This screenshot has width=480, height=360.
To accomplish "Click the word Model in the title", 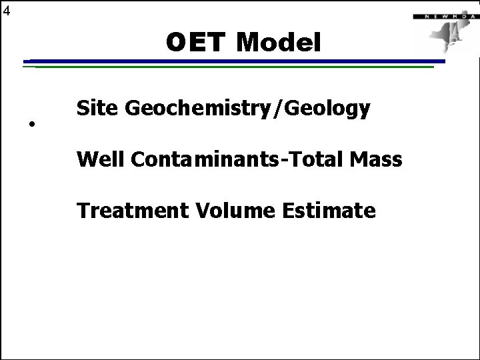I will pos(279,43).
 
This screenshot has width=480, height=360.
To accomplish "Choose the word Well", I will pos(100,159).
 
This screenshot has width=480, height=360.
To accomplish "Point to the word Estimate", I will pos(329,211).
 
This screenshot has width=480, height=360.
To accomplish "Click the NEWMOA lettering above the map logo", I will pos(441,15).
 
